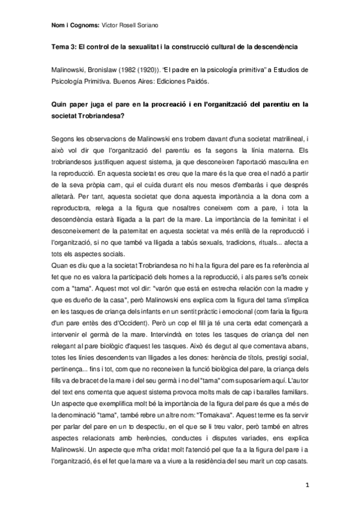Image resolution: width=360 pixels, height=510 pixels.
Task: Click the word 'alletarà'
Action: click(x=64, y=196)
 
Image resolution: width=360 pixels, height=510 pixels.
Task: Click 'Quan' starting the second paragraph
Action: click(x=59, y=266)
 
